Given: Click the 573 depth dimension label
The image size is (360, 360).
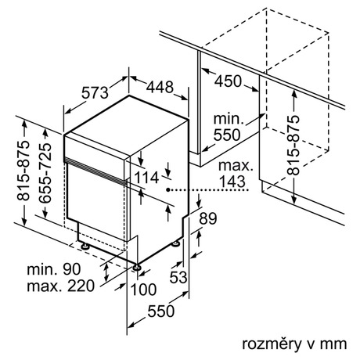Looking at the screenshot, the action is (x=95, y=93).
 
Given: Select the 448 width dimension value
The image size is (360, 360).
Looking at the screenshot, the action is (x=160, y=87).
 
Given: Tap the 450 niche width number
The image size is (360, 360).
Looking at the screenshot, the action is (x=229, y=81).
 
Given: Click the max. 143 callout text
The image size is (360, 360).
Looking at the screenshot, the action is (x=236, y=174).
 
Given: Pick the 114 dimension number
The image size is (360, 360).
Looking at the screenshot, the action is (x=146, y=178).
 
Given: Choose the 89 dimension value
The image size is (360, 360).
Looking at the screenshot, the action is (x=208, y=218).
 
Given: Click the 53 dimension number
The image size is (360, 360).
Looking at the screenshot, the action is (x=178, y=277).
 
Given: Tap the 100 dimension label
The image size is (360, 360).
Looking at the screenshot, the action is (x=143, y=290).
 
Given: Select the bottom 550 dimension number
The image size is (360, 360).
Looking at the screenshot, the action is (x=161, y=311).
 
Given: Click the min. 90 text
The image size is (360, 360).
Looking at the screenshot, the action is (x=54, y=269).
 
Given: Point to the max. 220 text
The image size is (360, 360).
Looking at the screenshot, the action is (x=60, y=286).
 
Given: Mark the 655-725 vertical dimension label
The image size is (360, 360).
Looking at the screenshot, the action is (x=45, y=173).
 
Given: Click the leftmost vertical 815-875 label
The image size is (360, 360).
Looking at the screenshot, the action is (x=23, y=171).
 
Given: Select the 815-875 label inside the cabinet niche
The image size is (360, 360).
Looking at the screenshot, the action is (x=293, y=145).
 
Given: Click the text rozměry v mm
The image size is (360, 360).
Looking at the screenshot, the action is (x=294, y=344).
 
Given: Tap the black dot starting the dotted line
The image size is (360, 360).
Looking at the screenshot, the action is (x=168, y=189).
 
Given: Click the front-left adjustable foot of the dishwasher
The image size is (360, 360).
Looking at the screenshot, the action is (x=85, y=247).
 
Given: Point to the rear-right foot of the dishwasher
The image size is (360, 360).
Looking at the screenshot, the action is (x=175, y=244).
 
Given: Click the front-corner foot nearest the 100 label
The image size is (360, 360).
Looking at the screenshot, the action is (x=137, y=268).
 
